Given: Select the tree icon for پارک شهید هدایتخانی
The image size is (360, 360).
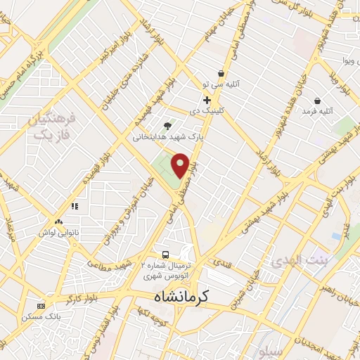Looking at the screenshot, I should pos(167,126).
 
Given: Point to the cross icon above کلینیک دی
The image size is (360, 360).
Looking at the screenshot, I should pos(207,101).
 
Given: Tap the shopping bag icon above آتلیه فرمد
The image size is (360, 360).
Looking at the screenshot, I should pos(318,101).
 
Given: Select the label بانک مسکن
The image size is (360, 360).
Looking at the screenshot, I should pos(41,318).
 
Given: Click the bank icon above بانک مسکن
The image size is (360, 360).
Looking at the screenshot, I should pos(41,306).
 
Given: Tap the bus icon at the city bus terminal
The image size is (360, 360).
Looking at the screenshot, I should pos(165,254).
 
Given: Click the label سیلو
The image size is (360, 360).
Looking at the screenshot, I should pos(269,349).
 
